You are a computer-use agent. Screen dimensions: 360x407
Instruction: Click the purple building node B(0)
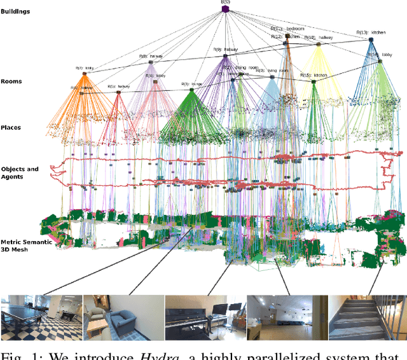point(225,8)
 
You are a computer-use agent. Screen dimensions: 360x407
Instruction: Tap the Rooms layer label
point(11,81)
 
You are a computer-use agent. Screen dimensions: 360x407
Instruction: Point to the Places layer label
point(11,127)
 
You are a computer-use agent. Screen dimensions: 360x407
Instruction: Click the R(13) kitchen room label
point(371,32)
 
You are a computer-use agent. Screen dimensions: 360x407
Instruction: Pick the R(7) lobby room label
point(84,67)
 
